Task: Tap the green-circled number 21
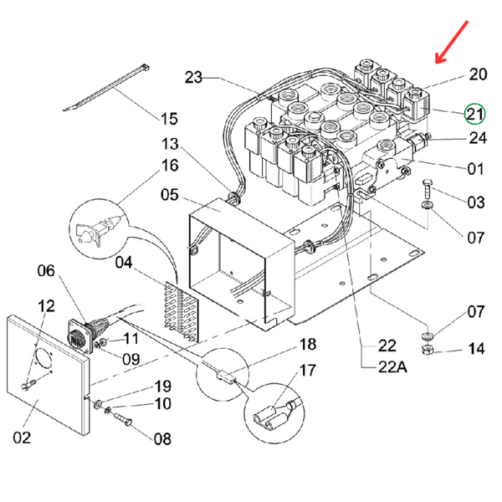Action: pyautogui.click(x=475, y=114)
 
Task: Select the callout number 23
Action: pyautogui.click(x=193, y=78)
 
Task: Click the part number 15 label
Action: pyautogui.click(x=169, y=118)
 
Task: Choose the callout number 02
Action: pyautogui.click(x=22, y=437)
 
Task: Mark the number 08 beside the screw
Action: pyautogui.click(x=161, y=438)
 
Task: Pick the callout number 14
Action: pyautogui.click(x=475, y=348)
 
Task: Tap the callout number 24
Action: pyautogui.click(x=475, y=137)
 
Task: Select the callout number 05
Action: pyautogui.click(x=170, y=195)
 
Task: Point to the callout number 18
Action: pyautogui.click(x=309, y=345)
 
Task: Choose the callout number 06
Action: pyautogui.click(x=46, y=271)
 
